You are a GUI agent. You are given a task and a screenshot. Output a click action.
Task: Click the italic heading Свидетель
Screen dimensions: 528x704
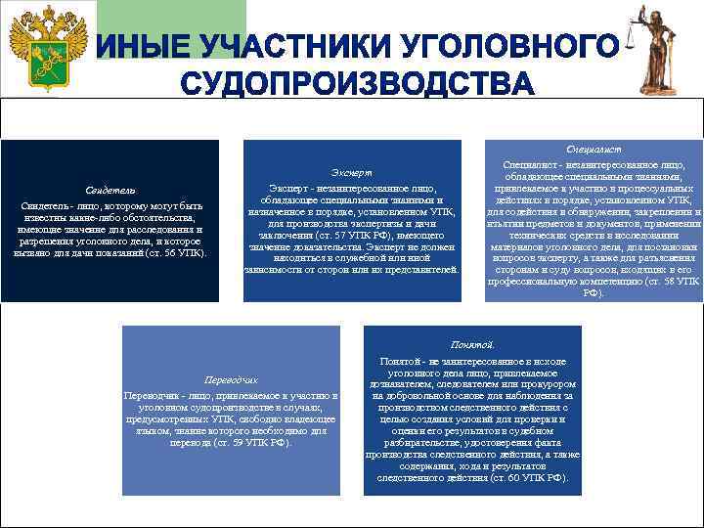[x=110, y=190]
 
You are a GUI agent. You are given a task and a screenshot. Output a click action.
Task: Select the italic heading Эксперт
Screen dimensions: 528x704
[x=351, y=172]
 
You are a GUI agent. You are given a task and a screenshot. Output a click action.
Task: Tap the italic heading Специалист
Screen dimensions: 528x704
[x=594, y=150]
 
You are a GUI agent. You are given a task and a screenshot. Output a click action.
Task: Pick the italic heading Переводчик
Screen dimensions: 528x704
[x=230, y=379]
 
